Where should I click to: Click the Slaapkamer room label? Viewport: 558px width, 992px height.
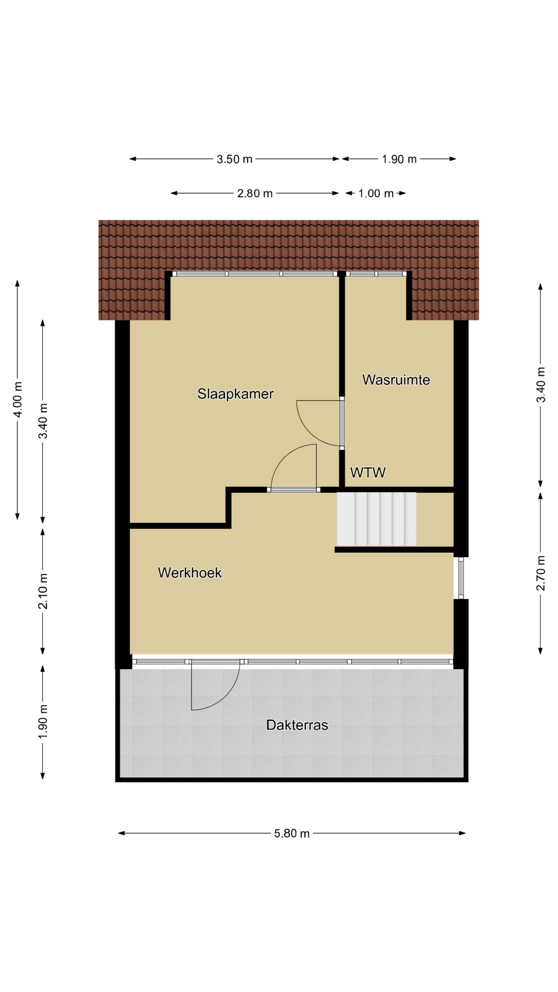click(x=235, y=394)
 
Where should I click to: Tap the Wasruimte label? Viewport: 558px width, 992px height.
click(x=396, y=380)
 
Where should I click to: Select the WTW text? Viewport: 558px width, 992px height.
click(x=368, y=472)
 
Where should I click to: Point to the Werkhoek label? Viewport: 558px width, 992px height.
click(x=190, y=572)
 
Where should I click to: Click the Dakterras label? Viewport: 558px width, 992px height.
click(x=297, y=725)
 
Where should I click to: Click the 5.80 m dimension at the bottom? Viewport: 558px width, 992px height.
click(x=292, y=833)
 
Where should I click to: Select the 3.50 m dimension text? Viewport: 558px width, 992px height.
click(x=235, y=159)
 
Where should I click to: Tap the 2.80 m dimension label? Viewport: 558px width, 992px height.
click(x=255, y=194)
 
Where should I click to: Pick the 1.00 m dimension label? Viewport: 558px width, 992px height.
click(x=376, y=194)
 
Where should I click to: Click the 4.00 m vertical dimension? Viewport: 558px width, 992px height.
click(x=18, y=399)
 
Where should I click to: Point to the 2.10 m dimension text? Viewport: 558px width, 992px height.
click(x=43, y=591)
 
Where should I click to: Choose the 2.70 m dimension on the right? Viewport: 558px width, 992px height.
click(x=541, y=573)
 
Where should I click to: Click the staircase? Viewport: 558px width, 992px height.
click(x=377, y=519)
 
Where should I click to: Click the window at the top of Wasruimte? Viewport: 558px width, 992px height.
click(x=377, y=274)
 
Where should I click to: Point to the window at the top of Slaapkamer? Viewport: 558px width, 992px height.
click(x=255, y=274)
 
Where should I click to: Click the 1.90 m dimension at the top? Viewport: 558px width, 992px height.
click(x=399, y=159)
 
